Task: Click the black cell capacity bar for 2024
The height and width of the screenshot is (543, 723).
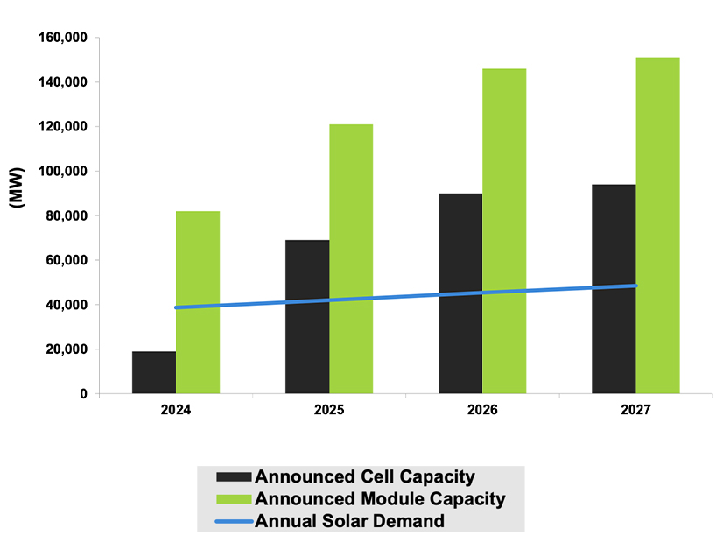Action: click(x=154, y=372)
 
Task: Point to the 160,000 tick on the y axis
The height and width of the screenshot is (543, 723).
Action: click(x=62, y=38)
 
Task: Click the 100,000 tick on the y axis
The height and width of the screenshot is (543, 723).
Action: click(x=62, y=172)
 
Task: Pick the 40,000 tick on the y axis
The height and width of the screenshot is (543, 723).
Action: click(x=66, y=305)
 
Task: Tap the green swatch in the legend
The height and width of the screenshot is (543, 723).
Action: click(x=234, y=499)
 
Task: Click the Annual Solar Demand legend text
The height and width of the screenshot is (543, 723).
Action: click(x=349, y=521)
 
